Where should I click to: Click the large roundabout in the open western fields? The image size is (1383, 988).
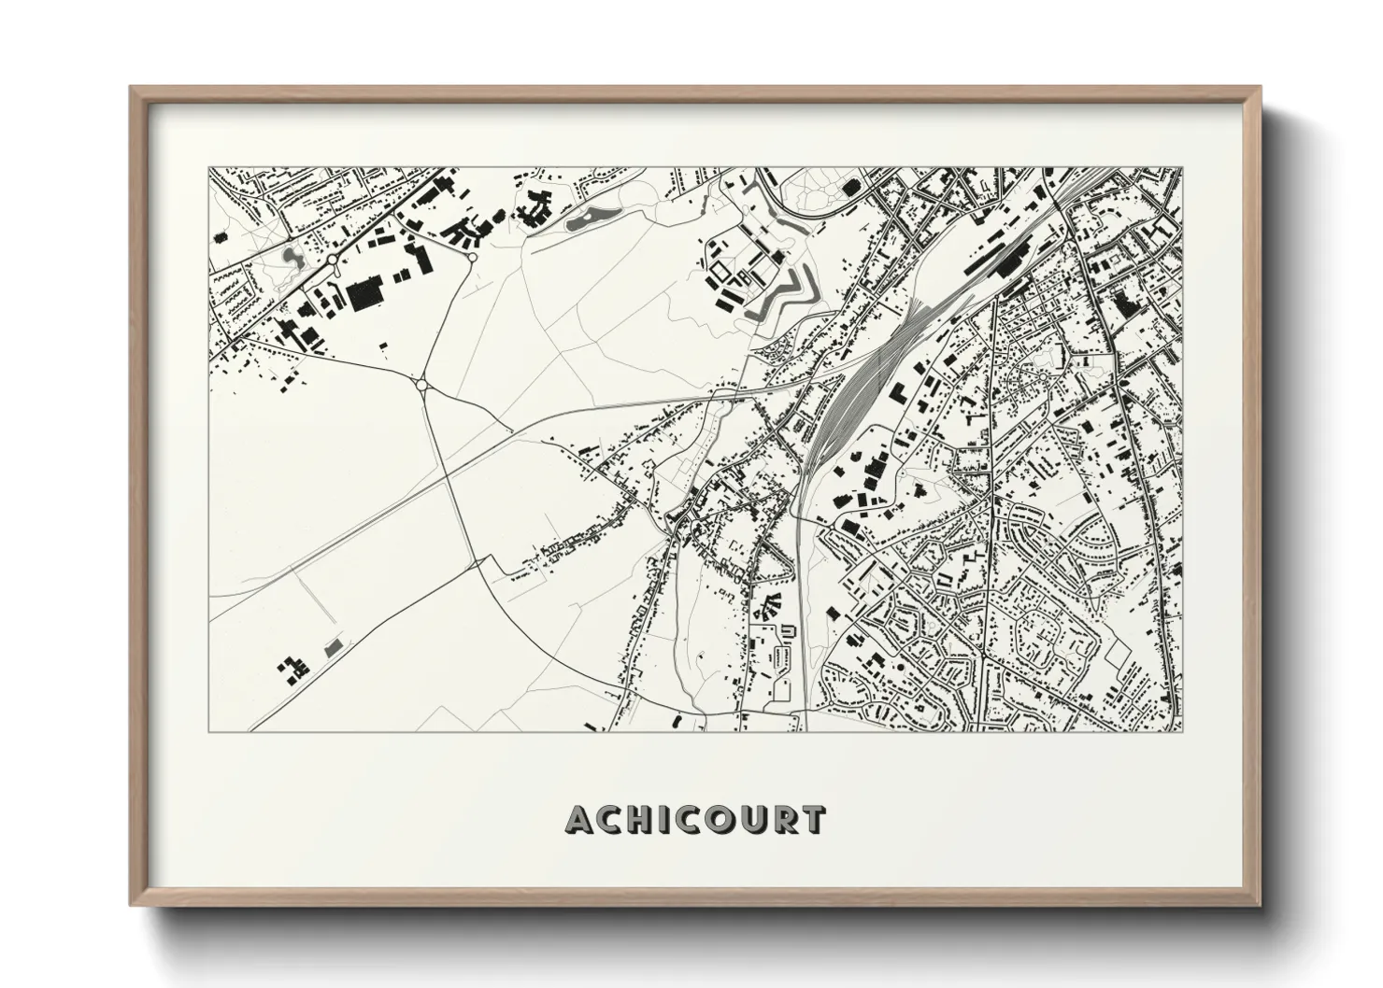click(x=421, y=384)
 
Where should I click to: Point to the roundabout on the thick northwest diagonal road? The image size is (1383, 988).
click(x=332, y=260)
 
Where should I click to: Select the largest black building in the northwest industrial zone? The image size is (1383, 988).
click(x=365, y=295)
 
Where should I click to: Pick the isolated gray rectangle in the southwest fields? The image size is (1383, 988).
click(x=332, y=646)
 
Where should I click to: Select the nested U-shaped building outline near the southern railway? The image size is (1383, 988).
click(x=786, y=632)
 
